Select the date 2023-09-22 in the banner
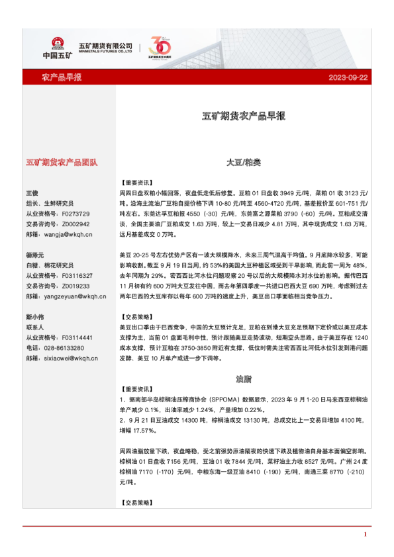click(348, 77)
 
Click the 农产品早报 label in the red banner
click(62, 77)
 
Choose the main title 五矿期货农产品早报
click(243, 116)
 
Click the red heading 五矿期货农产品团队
click(62, 161)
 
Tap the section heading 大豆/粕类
click(243, 161)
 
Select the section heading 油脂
click(243, 379)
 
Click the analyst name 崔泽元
click(36, 255)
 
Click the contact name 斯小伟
click(36, 317)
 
